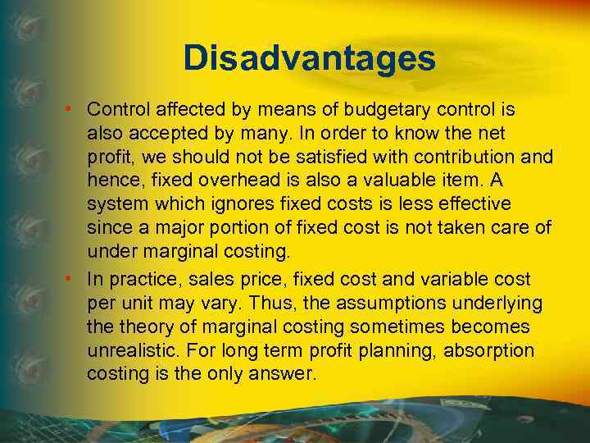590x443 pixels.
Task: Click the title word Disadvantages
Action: coord(309,58)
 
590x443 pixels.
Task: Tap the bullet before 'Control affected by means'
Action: coord(73,109)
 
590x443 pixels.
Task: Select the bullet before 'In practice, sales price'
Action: coord(73,279)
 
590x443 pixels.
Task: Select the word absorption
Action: coord(488,350)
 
